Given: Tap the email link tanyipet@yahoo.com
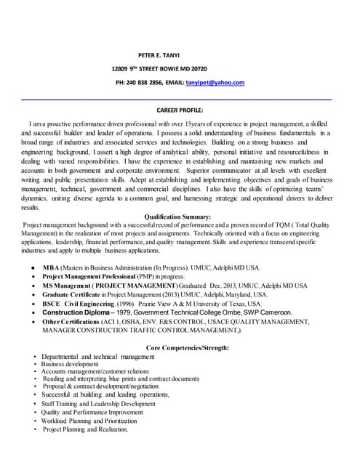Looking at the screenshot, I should click(x=215, y=83).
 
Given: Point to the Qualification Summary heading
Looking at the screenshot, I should click(x=178, y=217).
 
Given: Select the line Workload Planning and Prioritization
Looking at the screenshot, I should click(x=89, y=421).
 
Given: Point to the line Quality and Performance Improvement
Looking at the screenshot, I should click(x=92, y=412).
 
